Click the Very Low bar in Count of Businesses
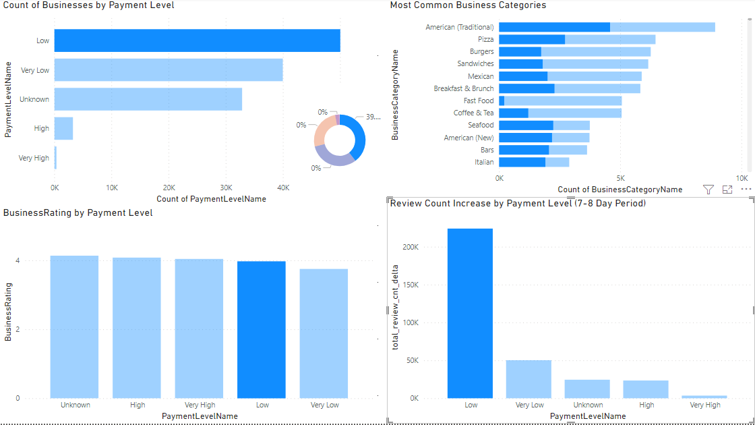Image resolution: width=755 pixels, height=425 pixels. pos(169,70)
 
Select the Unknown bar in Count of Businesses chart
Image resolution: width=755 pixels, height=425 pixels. pos(148,99)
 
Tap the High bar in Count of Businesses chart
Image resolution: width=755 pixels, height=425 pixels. pos(63,128)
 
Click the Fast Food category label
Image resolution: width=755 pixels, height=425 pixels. pos(479,101)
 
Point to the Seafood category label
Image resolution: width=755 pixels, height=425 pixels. pos(481,125)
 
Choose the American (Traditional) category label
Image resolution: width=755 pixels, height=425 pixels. pos(460,27)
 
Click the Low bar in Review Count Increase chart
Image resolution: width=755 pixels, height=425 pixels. pos(470,313)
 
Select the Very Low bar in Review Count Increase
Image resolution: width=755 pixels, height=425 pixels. pos(528,379)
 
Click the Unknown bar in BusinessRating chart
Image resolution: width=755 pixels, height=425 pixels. pos(74,327)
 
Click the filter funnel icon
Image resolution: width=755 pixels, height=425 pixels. pos(708,190)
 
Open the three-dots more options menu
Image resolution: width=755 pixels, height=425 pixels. pos(746,190)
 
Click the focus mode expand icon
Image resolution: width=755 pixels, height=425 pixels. pos(727,190)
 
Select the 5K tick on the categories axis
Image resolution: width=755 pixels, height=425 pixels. pos(621,178)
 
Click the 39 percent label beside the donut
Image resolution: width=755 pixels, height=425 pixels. pos(373,117)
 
